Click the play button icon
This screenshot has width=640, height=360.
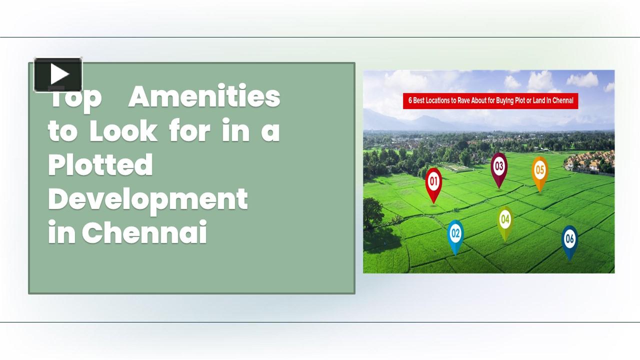58,75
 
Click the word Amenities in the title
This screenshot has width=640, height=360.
204,96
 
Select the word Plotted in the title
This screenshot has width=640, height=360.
100,165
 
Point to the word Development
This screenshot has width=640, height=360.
148,199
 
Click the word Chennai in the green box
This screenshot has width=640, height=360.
144,233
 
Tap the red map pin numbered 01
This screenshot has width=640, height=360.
433,182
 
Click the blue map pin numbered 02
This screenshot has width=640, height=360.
455,233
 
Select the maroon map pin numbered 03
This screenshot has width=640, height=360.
498,167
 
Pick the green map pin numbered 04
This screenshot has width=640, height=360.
505,220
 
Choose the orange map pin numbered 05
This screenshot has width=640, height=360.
539,171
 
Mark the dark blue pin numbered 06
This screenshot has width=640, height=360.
569,239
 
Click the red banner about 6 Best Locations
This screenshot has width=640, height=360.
490,100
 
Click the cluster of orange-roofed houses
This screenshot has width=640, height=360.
590,161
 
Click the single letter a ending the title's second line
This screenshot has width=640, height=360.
270,132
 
